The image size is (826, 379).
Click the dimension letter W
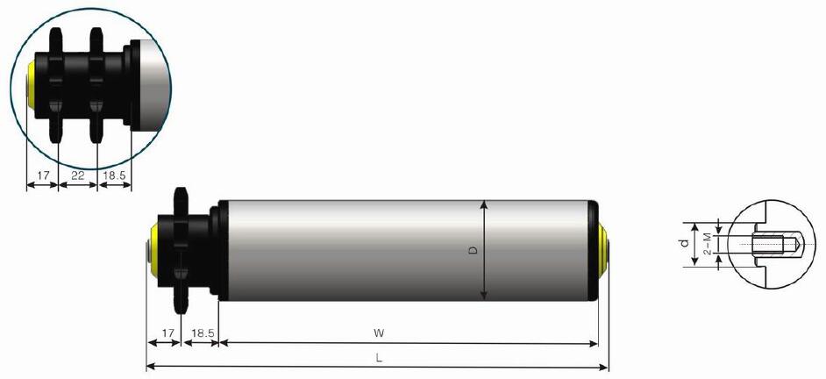click(x=380, y=333)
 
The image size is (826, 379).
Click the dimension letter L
click(x=378, y=358)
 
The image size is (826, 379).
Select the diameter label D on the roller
click(x=473, y=251)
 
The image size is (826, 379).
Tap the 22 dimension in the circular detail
click(x=77, y=176)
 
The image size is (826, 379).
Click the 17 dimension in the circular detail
click(x=41, y=176)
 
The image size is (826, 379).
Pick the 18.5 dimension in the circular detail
click(x=115, y=176)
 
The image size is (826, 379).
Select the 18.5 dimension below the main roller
click(x=202, y=333)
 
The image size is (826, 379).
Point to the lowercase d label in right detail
click(x=685, y=242)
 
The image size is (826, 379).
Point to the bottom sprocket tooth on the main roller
click(x=183, y=304)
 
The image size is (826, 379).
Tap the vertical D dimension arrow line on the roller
click(x=484, y=263)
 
